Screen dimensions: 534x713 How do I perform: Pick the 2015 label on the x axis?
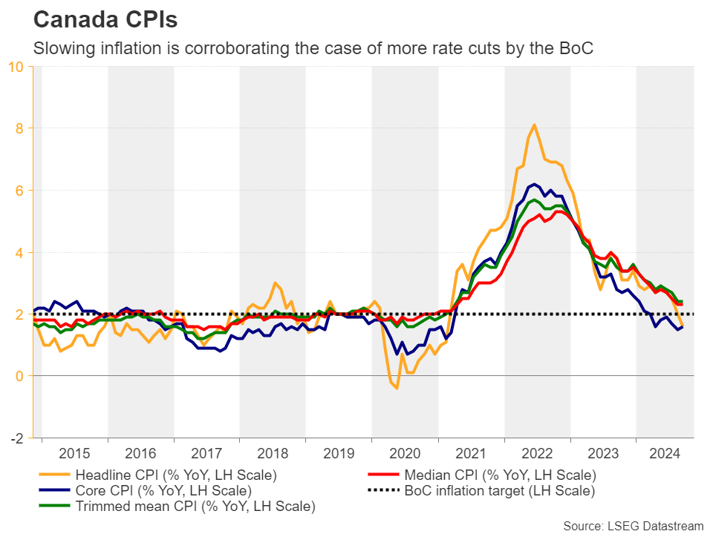(75, 452)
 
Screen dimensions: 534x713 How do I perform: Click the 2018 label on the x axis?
(273, 452)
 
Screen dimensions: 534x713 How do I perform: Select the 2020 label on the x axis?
(405, 452)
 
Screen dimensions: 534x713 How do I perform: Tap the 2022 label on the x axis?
(537, 452)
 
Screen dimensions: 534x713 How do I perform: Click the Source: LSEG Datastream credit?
(633, 526)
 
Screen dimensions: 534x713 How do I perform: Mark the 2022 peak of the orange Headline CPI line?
(534, 125)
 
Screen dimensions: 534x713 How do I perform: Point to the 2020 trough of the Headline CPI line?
(397, 388)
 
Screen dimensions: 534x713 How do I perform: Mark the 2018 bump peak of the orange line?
(275, 283)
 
